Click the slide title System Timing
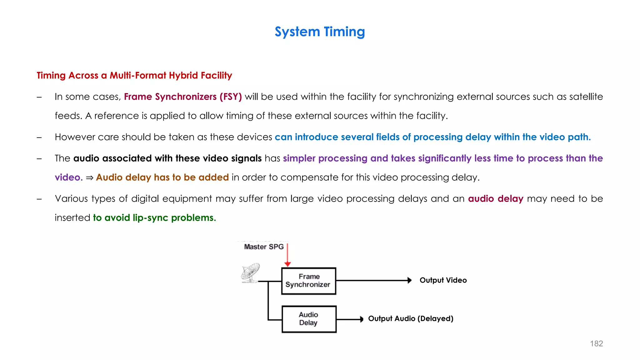(x=320, y=32)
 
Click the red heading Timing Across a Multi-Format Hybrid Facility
(x=134, y=75)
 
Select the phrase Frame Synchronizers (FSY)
(x=183, y=97)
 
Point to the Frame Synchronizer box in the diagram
(x=309, y=281)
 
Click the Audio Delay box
(x=309, y=319)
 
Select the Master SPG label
(x=264, y=247)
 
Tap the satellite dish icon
(x=251, y=272)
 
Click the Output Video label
(x=443, y=280)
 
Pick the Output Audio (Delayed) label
(x=410, y=318)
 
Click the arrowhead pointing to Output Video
(x=409, y=280)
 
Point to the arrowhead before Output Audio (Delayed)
(x=361, y=319)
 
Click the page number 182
(x=596, y=343)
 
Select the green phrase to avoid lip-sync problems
(x=154, y=217)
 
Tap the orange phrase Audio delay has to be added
(x=162, y=177)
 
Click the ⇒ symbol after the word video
(x=89, y=177)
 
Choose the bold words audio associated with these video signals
(x=167, y=158)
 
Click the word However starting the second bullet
(x=75, y=137)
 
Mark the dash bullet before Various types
(x=39, y=199)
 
